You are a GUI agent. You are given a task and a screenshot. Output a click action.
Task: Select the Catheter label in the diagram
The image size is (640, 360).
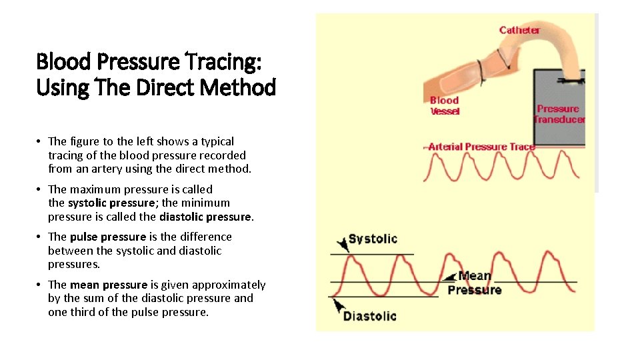point(519,30)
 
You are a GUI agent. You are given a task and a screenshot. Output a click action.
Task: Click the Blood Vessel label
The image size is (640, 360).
point(445,106)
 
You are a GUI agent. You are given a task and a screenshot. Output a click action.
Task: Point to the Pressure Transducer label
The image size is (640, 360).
point(559,114)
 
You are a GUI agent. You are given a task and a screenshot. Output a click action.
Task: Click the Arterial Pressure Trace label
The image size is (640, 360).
point(481,147)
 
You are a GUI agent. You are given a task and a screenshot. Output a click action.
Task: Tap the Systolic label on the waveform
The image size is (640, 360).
point(373,239)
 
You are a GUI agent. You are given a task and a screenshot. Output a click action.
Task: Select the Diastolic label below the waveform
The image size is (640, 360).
point(369,316)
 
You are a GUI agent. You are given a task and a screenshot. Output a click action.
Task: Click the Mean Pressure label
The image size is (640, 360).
point(475,283)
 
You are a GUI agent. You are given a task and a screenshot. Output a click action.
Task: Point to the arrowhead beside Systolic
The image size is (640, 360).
point(341,244)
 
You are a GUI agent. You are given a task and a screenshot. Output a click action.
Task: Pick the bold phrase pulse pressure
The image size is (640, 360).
point(107,237)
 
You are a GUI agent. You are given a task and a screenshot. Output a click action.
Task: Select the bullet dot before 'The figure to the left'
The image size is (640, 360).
point(40,141)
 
